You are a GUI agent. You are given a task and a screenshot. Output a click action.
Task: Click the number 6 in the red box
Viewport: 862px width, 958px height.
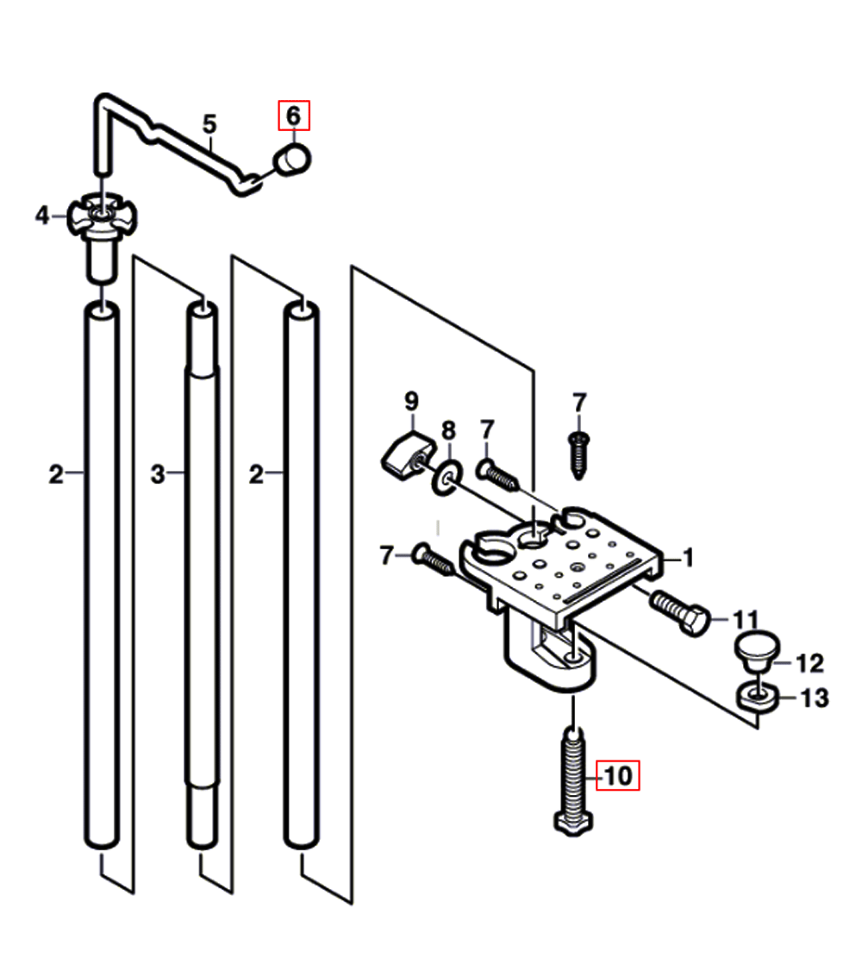point(294,116)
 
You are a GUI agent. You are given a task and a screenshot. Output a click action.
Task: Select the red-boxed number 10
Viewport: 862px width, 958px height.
point(618,775)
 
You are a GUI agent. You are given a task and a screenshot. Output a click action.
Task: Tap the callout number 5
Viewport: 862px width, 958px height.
point(209,124)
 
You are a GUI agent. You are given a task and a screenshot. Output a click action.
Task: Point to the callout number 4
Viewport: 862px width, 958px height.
point(41,215)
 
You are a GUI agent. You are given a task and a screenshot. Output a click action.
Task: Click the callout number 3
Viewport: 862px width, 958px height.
point(158,474)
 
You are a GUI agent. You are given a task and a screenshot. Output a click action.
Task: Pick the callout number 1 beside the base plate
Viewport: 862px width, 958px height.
point(689,557)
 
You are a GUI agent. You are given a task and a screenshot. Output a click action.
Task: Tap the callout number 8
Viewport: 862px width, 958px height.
point(448,430)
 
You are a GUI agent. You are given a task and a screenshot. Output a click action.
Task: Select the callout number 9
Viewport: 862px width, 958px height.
point(412,401)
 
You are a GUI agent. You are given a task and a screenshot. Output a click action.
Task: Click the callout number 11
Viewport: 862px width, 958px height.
point(746,619)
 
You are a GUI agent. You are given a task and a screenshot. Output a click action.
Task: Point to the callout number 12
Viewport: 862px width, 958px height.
point(810,663)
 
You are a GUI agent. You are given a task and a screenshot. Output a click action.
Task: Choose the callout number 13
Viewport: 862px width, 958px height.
point(815,698)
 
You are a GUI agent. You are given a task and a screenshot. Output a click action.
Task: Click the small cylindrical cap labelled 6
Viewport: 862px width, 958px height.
point(292,160)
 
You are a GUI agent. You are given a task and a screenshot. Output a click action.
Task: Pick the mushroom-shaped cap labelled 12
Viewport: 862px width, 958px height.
point(757,651)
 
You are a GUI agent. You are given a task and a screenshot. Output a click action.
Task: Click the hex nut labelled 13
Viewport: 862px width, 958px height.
point(758,697)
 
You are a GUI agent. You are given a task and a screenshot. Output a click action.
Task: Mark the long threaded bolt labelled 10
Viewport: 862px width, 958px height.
point(573,781)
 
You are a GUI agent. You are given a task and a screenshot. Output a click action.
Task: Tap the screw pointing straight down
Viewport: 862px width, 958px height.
point(578,456)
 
